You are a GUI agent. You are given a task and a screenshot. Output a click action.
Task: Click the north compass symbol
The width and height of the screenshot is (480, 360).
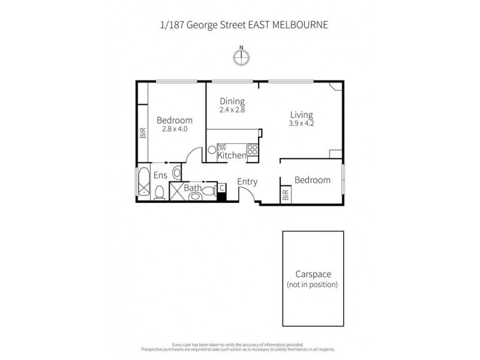coord(241,56)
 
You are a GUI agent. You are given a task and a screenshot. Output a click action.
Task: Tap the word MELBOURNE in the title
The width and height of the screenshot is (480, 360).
coord(300,25)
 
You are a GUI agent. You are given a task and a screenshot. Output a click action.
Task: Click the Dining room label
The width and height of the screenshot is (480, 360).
coord(232,101)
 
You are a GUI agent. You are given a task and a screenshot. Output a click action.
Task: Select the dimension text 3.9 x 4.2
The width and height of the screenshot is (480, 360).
coord(301,124)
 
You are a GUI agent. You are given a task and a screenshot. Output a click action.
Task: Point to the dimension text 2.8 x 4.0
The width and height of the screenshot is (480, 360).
coord(175,128)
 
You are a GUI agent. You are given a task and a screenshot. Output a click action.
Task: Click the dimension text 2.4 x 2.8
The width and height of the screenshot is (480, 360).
coord(232,110)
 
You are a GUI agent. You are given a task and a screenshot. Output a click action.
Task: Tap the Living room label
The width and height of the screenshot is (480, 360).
coord(301,115)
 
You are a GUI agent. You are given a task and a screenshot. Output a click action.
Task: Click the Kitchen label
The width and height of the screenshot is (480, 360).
coord(232,155)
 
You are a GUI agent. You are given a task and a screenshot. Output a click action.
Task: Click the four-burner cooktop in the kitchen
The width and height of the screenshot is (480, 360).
coord(253,150)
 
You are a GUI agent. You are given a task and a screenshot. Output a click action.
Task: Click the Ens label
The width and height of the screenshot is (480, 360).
coord(160,175)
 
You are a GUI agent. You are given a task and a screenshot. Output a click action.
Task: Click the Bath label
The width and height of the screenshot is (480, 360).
coord(192,188)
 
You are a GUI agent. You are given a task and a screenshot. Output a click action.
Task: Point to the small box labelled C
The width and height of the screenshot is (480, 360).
coord(221,188)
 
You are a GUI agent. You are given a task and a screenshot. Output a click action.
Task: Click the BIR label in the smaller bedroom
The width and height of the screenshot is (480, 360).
coord(285,194)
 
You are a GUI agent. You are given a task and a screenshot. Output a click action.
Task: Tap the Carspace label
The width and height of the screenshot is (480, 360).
coord(313,274)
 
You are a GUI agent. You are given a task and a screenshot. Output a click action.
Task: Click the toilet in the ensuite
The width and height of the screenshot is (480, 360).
coord(159,192)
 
